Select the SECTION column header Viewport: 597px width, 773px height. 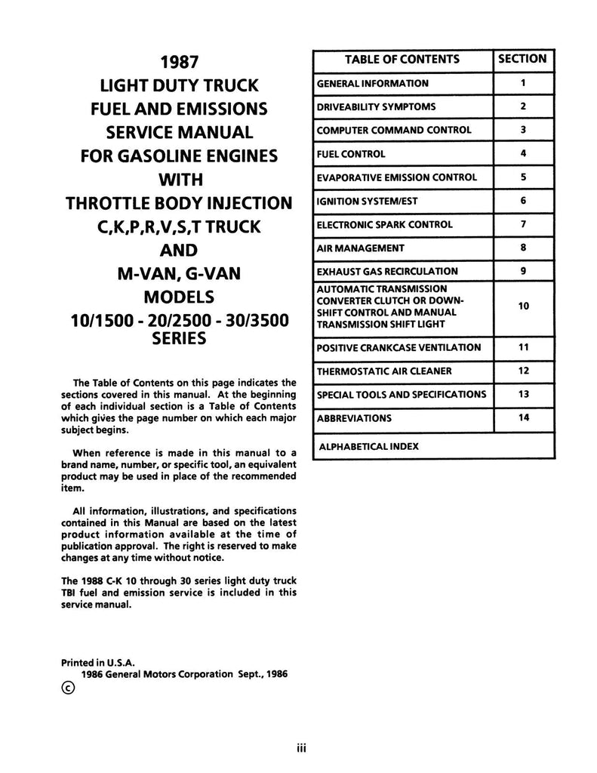pos(523,59)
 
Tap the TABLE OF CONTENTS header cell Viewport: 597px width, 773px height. pos(402,59)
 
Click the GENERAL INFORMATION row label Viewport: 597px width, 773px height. pos(373,83)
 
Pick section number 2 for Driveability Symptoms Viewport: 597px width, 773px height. pos(523,106)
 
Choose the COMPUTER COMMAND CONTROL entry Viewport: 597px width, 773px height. pos(394,130)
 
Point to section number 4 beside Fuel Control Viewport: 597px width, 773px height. pos(523,153)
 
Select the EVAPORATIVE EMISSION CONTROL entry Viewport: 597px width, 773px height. pos(397,177)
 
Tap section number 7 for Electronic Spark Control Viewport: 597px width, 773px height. pos(523,224)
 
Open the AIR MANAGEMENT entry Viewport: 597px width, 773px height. pos(361,248)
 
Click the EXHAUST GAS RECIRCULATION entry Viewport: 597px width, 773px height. pos(387,271)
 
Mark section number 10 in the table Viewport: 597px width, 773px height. pos(523,306)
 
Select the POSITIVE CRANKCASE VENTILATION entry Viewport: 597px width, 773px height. pos(399,347)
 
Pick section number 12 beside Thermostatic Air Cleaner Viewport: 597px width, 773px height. pos(523,371)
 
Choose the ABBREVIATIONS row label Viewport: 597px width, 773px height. pos(354,417)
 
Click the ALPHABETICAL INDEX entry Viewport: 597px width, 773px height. pos(369,446)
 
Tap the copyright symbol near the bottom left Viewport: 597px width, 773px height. pos(69,688)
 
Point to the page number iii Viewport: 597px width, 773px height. pos(299,750)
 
